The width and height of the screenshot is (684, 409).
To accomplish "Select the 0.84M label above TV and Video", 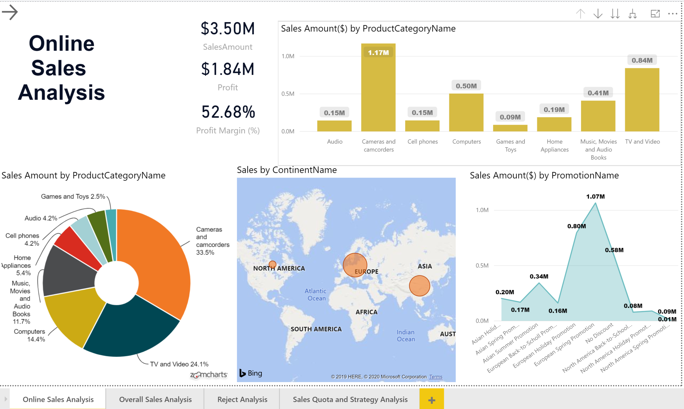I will pyautogui.click(x=642, y=60).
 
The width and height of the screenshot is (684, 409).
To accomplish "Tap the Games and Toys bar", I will pyautogui.click(x=510, y=128).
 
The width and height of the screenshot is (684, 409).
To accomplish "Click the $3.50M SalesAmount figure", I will pyautogui.click(x=228, y=29).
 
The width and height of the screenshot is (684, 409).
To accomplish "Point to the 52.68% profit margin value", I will pyautogui.click(x=228, y=112).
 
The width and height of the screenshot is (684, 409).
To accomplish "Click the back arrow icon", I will pyautogui.click(x=10, y=12).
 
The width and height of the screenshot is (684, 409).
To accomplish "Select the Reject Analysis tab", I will pyautogui.click(x=242, y=399).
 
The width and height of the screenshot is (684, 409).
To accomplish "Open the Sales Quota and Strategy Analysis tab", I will pyautogui.click(x=350, y=399).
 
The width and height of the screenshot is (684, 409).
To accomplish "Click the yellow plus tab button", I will pyautogui.click(x=431, y=400).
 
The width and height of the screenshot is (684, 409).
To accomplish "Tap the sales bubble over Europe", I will pyautogui.click(x=355, y=265).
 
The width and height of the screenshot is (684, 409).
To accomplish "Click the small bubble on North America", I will pyautogui.click(x=272, y=264).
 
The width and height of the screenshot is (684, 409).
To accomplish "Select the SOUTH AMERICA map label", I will pyautogui.click(x=316, y=329).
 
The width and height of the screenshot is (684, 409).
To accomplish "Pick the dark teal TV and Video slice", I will pyautogui.click(x=130, y=328).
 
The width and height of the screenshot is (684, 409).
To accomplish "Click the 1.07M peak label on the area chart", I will pyautogui.click(x=595, y=197).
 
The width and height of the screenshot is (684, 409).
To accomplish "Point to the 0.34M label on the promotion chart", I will pyautogui.click(x=539, y=276).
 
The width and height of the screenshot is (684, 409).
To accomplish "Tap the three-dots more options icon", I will pyautogui.click(x=672, y=14).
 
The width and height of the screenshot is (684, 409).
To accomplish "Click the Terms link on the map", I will pyautogui.click(x=435, y=377).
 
